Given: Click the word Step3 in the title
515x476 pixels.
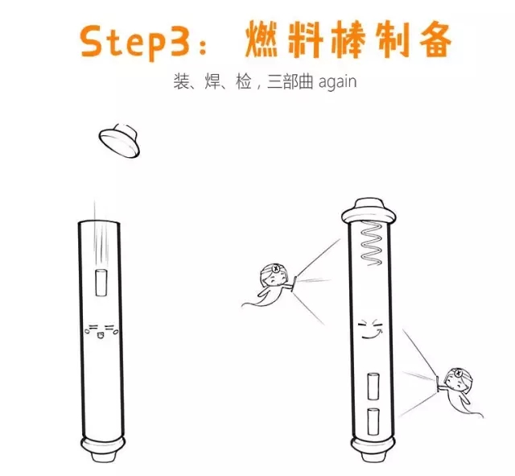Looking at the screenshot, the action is pos(135,42).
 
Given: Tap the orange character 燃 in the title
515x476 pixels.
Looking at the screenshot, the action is pos(262,39).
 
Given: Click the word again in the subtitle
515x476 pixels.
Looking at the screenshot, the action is pos(338,82).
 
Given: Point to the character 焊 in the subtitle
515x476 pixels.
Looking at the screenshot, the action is pos(212,81).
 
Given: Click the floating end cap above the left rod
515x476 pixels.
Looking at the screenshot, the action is pos(120,140).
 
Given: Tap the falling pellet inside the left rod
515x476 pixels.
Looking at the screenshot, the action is pos(101,283).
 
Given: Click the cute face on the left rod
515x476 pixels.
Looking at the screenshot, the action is pos(101,331).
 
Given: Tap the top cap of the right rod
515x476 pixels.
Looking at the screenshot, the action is pos(369,210).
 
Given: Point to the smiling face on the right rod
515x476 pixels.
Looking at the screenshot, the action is pos(370,329).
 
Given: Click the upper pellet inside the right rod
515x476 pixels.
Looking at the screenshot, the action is pos(373,387).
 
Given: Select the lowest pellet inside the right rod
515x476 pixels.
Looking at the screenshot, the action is pos(373,422).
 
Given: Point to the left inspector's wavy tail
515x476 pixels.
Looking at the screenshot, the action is pos(254,301).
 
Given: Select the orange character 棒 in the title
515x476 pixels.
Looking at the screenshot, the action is pos(348,39).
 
